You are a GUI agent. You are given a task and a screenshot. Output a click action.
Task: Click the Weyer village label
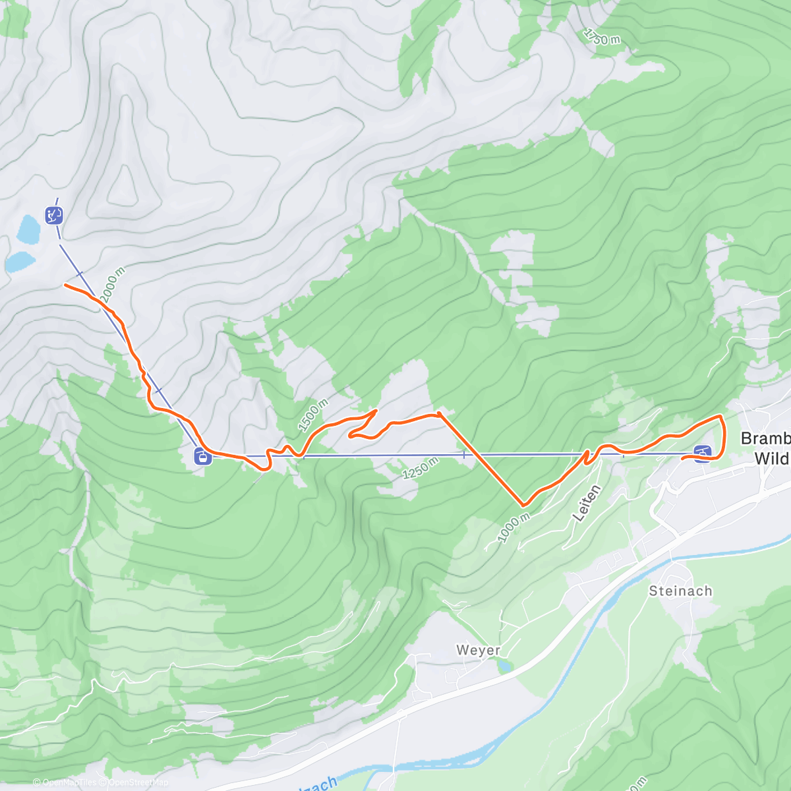click(479, 651)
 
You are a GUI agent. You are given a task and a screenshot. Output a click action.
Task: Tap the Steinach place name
click(680, 591)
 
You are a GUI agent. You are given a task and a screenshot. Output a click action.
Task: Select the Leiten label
click(587, 503)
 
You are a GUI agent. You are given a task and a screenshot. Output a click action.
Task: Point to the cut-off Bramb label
click(765, 438)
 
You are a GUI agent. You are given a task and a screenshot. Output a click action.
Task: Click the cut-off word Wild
click(771, 459)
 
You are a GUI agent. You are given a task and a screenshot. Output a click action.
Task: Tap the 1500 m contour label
click(312, 415)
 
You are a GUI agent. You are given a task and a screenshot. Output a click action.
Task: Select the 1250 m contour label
click(420, 469)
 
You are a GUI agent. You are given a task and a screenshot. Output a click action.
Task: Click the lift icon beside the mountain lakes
click(54, 215)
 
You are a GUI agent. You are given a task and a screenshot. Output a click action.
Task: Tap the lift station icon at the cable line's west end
click(203, 456)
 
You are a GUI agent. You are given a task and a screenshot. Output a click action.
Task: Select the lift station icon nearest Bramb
click(703, 454)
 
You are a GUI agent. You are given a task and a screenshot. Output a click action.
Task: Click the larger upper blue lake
click(28, 228)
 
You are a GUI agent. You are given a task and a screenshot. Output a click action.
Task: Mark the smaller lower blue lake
click(19, 262)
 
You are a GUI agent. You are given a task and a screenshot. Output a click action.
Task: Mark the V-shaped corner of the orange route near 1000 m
click(523, 505)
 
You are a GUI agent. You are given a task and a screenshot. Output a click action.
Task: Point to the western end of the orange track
click(65, 285)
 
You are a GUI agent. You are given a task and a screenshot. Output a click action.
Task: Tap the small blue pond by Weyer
click(504, 667)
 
